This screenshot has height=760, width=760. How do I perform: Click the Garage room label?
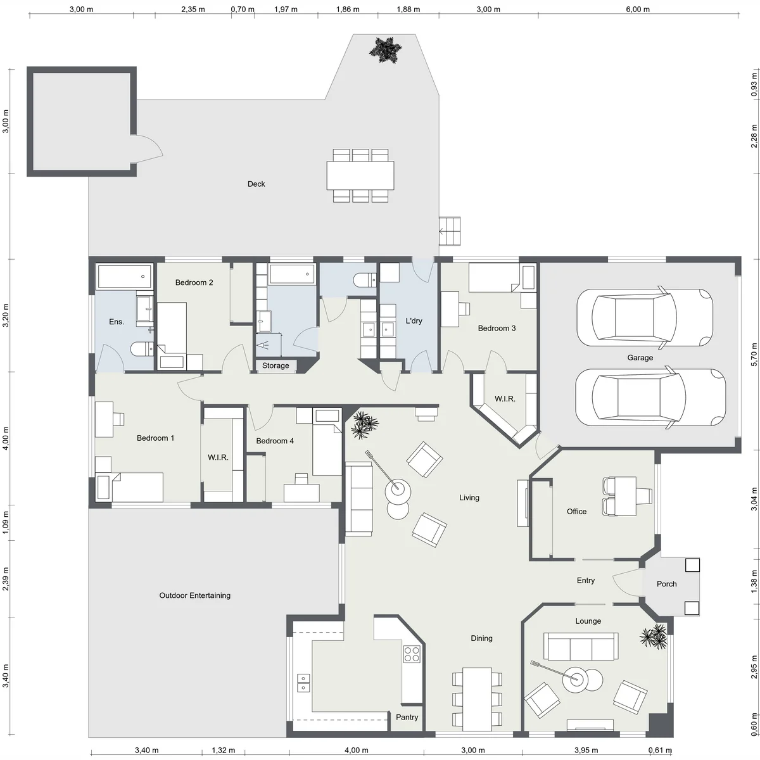(640, 358)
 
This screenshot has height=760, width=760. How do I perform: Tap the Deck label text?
(256, 184)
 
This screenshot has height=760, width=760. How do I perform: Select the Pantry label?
(407, 717)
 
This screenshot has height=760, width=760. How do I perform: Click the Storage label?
(275, 365)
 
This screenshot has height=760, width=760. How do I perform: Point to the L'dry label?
(414, 320)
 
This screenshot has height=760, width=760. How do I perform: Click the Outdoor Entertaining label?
(195, 595)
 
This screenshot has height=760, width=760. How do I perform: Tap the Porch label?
(666, 584)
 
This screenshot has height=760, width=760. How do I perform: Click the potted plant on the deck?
(385, 50)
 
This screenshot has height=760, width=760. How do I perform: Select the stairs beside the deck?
(450, 231)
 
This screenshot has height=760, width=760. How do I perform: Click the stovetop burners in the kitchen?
(412, 654)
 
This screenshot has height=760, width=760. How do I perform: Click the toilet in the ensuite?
(142, 349)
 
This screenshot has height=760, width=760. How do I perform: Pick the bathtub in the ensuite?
(125, 277)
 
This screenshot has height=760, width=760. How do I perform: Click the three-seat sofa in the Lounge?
(581, 647)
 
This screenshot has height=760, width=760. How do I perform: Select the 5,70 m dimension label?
(754, 355)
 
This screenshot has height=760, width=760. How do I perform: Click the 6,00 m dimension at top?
(638, 9)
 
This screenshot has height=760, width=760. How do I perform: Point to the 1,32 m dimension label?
(223, 750)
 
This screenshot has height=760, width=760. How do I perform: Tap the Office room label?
(576, 512)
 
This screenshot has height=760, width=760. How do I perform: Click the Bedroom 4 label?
(275, 441)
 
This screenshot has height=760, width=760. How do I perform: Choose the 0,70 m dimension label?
(243, 9)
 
